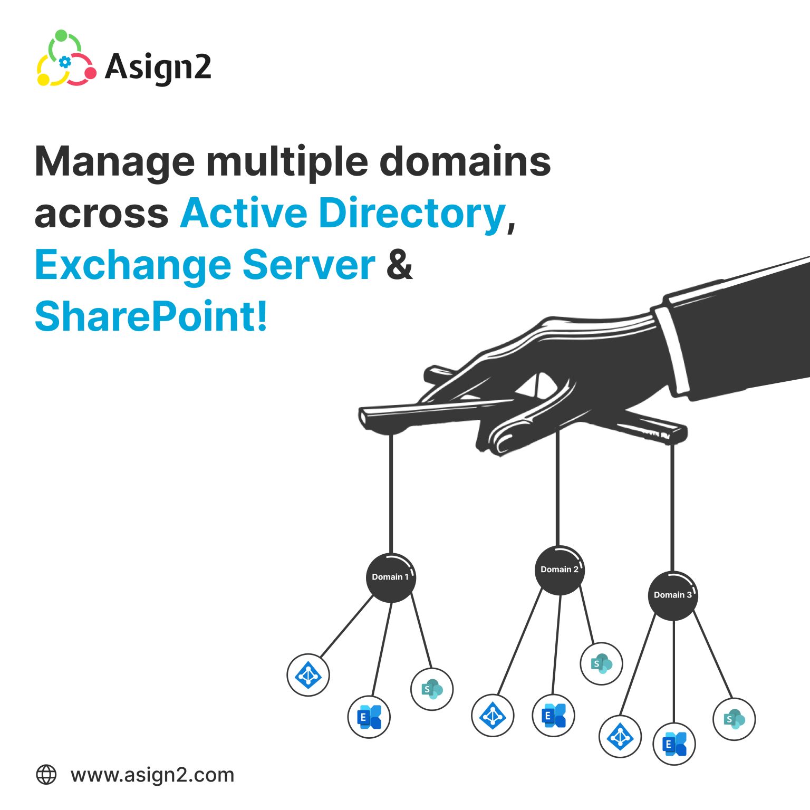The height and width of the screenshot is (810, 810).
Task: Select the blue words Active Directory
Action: click(x=343, y=214)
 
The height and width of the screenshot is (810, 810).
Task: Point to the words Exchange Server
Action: click(x=205, y=265)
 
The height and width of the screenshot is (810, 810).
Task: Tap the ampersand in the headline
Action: click(x=399, y=265)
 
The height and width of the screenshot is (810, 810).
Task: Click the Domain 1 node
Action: click(x=391, y=577)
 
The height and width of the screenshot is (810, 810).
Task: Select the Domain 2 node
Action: click(x=560, y=570)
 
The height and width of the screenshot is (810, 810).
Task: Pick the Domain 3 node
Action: click(x=673, y=595)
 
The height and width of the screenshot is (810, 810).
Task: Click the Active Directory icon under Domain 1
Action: click(x=308, y=675)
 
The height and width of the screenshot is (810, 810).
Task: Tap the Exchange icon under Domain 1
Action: click(x=369, y=717)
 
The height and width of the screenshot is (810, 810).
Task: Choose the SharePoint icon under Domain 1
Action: click(x=432, y=689)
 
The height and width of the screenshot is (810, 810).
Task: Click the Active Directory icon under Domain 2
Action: click(x=493, y=716)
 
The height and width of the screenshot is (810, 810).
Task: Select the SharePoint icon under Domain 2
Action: click(x=601, y=663)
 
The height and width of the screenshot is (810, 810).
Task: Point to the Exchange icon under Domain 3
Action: click(x=674, y=744)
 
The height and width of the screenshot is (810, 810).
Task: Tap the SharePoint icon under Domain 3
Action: click(x=734, y=719)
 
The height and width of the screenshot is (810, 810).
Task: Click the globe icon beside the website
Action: click(x=46, y=775)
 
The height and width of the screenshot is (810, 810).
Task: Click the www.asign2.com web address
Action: click(x=152, y=775)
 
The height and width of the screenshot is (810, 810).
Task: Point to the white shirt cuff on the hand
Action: click(x=672, y=351)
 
